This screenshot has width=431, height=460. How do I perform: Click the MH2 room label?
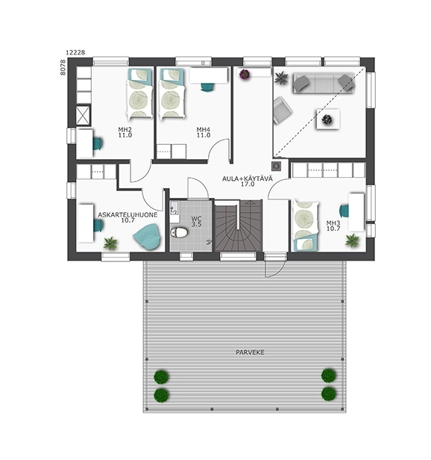[x=125, y=129]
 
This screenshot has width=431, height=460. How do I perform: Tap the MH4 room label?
[x=204, y=129]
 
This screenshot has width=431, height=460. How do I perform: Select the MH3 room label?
[x=333, y=223]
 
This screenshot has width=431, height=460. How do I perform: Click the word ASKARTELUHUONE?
[x=128, y=215]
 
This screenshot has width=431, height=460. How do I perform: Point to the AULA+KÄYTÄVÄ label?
[x=248, y=178]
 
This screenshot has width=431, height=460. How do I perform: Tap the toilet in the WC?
[x=179, y=232]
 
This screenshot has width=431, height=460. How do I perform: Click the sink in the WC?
[x=174, y=208]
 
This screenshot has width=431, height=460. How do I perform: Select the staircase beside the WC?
[x=238, y=226]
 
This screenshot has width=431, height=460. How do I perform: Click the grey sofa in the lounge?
[x=324, y=83]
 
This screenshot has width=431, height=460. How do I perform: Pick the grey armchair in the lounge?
[x=283, y=110]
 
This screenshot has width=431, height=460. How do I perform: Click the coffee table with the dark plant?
[x=328, y=119]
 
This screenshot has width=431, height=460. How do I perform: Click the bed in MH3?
[x=305, y=226]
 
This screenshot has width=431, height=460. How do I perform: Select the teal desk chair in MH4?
[x=207, y=87]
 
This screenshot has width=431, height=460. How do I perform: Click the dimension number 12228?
[x=75, y=52]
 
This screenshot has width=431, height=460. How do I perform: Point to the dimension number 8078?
[x=63, y=67]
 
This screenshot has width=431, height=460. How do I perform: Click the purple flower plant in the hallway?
[x=245, y=74]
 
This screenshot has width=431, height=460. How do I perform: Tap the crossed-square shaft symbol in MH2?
[x=83, y=115]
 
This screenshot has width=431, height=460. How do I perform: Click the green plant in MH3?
[x=352, y=240]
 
